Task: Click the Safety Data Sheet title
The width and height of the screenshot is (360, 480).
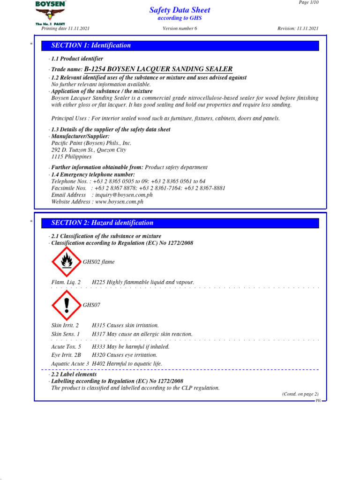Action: click(x=180, y=10)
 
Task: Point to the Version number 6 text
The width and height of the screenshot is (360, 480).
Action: click(x=180, y=29)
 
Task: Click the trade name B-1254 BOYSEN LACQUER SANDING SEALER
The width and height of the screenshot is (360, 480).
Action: click(x=158, y=69)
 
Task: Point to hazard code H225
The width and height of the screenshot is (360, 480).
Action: click(x=98, y=282)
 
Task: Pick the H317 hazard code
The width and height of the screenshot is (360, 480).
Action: click(x=98, y=334)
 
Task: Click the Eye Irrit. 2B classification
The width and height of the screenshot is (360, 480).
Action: click(x=66, y=355)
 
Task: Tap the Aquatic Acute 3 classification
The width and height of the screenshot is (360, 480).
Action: click(x=70, y=364)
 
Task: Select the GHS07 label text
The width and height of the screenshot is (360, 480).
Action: click(x=91, y=305)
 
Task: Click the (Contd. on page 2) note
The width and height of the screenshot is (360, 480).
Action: click(x=300, y=394)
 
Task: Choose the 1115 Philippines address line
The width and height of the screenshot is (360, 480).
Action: click(x=71, y=157)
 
